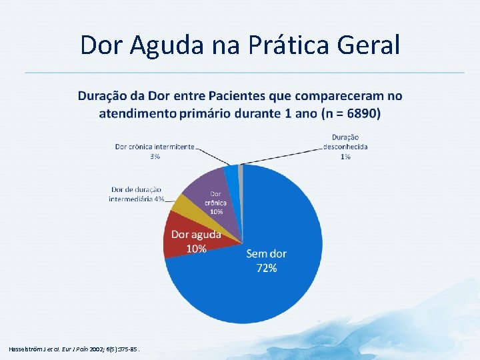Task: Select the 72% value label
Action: (267, 268)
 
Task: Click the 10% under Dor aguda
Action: (196, 249)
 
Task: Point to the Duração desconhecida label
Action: (345, 142)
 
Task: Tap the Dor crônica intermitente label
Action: (155, 147)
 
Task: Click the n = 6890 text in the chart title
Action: (350, 113)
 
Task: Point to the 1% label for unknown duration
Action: (345, 157)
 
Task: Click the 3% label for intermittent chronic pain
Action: (155, 156)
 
